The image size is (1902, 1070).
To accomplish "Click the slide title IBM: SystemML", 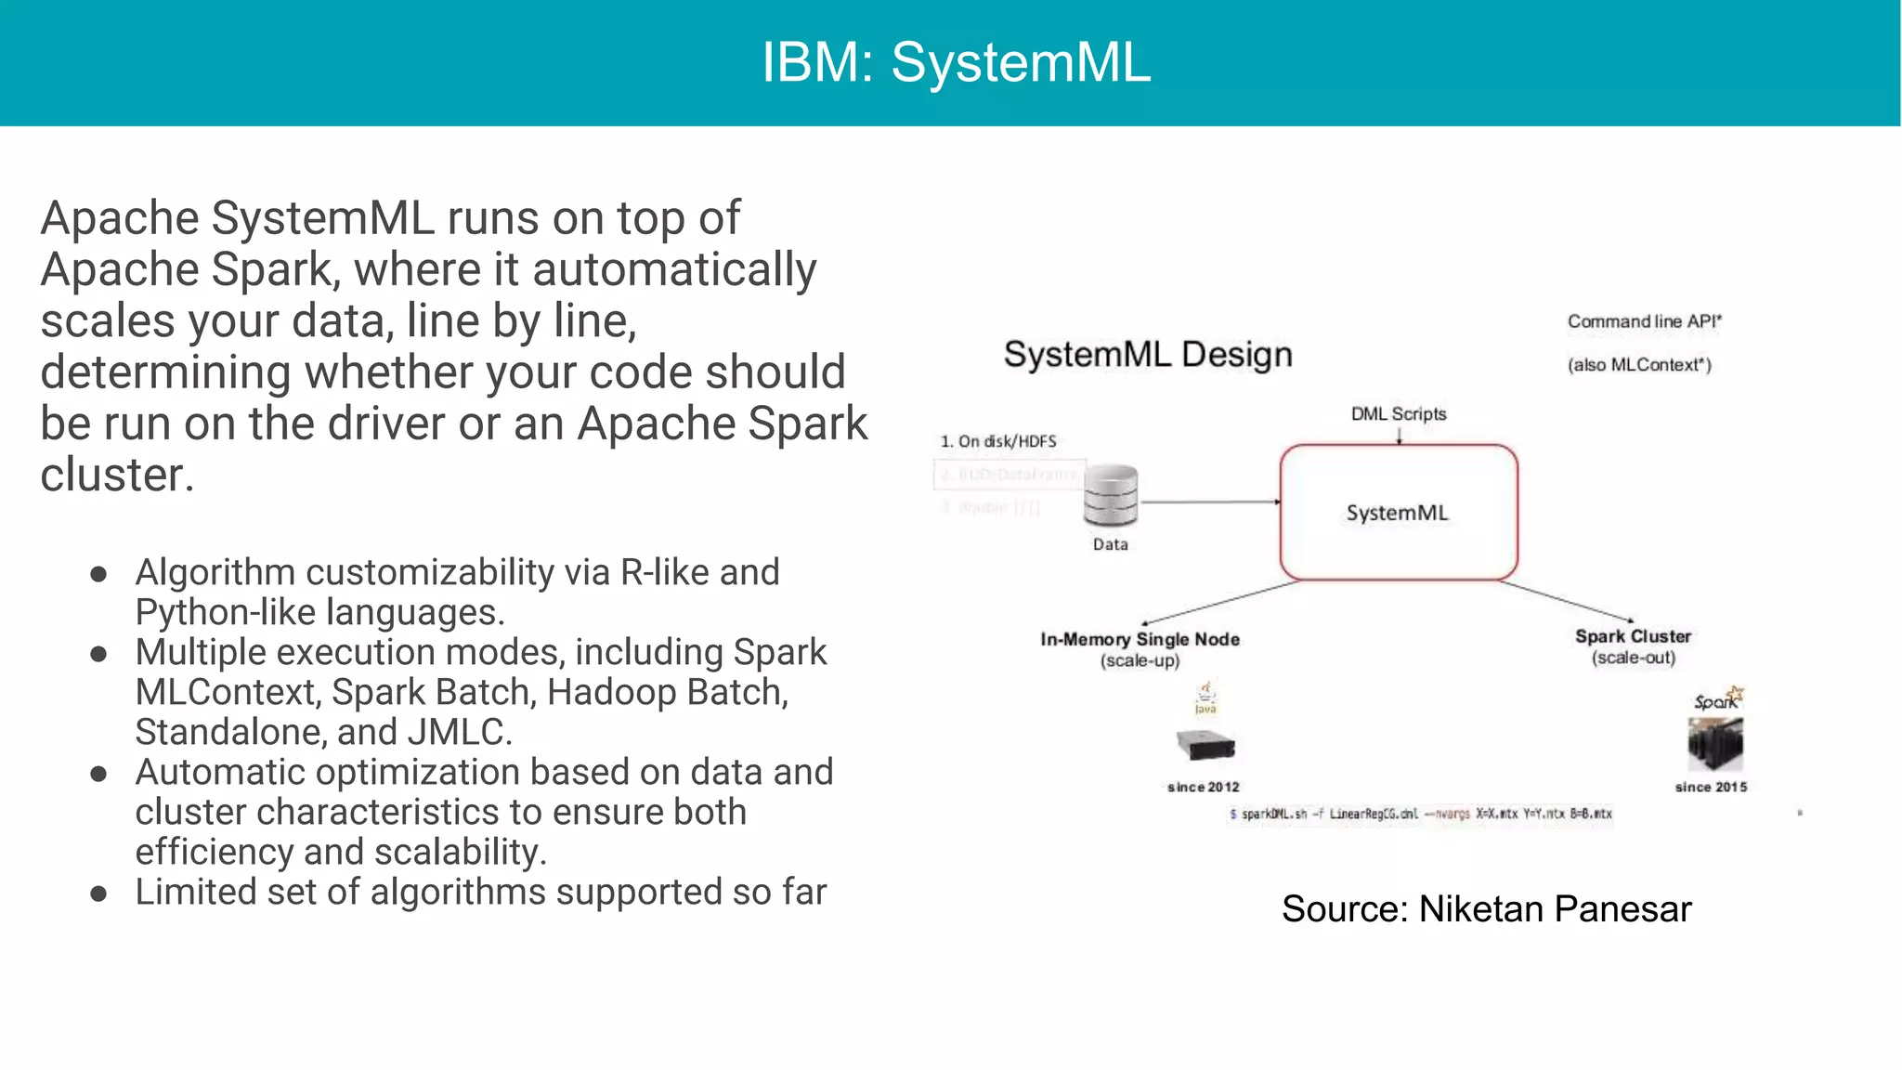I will tap(956, 63).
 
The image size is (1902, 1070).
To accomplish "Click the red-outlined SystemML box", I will tap(1398, 513).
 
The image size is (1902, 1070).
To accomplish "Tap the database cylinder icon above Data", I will tap(1111, 496).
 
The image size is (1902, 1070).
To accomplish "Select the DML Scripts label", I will tap(1398, 413).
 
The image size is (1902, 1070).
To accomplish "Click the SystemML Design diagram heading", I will tap(1148, 355).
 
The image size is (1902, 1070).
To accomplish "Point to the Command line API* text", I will tap(1644, 321).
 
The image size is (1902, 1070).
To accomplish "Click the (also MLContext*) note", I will tap(1639, 365).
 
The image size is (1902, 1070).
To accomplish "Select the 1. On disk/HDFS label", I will tap(998, 441).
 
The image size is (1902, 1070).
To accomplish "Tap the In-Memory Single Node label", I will tap(1140, 639).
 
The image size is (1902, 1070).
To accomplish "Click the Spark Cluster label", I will tap(1633, 636).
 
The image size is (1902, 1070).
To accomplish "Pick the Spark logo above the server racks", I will tap(1718, 699).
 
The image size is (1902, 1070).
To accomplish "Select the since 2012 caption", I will tap(1203, 787).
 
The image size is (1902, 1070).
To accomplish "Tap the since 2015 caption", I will tap(1711, 787).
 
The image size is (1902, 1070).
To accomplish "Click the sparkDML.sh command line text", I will tap(1421, 814).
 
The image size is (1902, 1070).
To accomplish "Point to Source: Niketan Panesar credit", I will tap(1486, 908).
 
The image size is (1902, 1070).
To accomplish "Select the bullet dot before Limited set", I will tap(98, 894).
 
